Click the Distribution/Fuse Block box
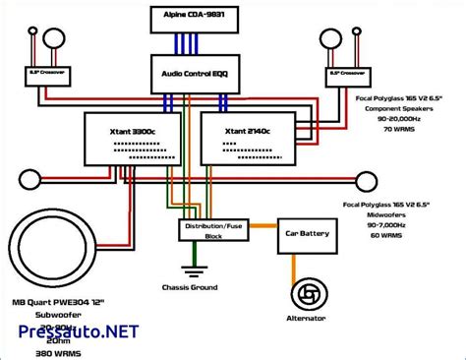tap(210, 230)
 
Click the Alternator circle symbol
tap(307, 296)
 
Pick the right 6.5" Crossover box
tap(348, 74)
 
